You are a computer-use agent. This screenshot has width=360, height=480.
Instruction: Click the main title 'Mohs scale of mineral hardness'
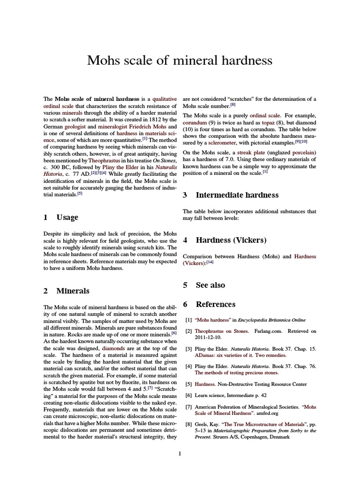180,60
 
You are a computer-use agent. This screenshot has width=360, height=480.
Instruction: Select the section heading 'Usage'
67,217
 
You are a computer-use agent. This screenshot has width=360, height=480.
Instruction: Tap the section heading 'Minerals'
73,291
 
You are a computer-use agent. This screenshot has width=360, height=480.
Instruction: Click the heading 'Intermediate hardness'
237,195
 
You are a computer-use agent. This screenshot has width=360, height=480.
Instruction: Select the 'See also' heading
210,285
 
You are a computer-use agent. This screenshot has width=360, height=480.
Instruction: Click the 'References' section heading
215,304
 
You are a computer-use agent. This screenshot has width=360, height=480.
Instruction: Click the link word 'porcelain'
304,152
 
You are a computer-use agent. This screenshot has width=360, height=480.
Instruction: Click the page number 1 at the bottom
180,453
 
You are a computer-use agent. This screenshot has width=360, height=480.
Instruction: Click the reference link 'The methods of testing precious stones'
236,373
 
